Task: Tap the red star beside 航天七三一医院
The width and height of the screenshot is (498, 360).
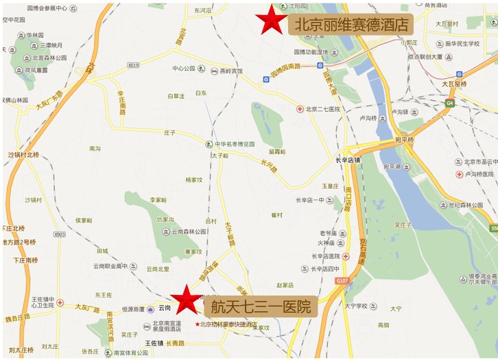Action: (185, 300)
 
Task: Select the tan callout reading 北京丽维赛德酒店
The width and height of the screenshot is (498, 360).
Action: (352, 25)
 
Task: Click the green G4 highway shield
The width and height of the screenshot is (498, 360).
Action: (449, 104)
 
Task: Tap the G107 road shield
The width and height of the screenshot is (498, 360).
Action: (342, 280)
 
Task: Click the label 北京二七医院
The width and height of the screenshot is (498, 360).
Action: (322, 109)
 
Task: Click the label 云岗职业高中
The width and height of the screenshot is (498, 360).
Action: (110, 266)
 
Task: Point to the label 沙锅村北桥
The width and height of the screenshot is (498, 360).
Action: (24, 155)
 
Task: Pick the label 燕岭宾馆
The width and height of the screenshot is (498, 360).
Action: (230, 70)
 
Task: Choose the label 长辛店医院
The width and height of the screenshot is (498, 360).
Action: (326, 256)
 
